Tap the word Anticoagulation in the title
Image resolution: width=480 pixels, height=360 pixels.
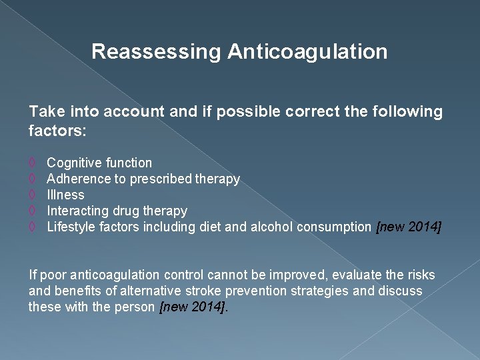click(x=307, y=52)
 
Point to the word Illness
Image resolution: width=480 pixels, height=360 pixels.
click(x=65, y=195)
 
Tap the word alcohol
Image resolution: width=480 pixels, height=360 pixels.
click(x=271, y=227)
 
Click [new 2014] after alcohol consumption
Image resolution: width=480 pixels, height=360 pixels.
click(x=409, y=227)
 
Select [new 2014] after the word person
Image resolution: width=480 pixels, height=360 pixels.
click(x=193, y=307)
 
